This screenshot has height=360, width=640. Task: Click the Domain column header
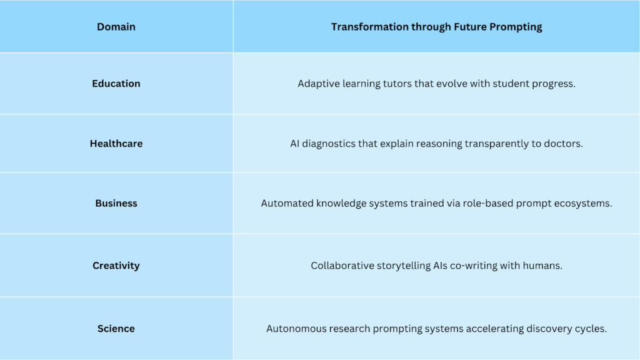click(x=116, y=27)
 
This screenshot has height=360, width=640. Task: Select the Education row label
click(x=116, y=84)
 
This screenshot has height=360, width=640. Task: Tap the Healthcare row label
click(x=116, y=144)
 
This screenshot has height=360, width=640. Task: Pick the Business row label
click(x=116, y=203)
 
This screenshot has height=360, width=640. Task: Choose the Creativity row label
click(x=116, y=266)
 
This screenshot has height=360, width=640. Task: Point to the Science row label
click(x=116, y=329)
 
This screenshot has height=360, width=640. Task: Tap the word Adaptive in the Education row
click(x=318, y=84)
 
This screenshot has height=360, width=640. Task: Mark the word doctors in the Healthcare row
click(x=561, y=144)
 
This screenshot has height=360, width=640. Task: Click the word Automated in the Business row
click(x=286, y=204)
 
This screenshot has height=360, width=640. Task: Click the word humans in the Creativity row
click(x=542, y=266)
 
